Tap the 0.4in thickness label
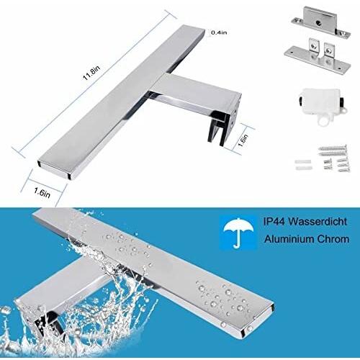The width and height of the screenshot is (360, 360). point(219,32)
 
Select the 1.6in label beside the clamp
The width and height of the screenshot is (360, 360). point(243,140)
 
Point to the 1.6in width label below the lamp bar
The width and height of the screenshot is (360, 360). point(42,192)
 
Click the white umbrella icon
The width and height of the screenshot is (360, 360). point(238,232)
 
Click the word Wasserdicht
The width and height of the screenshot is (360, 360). point(318,221)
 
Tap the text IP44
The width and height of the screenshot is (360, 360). point(274,221)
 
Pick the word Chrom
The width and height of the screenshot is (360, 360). point(333,239)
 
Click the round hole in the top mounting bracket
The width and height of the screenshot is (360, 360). point(319,24)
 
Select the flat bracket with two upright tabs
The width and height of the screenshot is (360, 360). point(318,56)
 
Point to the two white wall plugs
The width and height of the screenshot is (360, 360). point(303,164)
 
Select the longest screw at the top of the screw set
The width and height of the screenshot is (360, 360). point(333,148)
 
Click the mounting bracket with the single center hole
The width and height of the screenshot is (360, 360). point(321,22)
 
